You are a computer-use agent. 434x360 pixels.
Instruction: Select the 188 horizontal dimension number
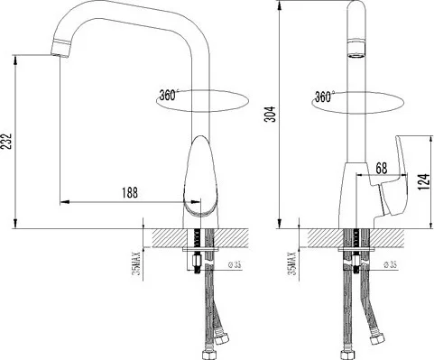pos(130,192)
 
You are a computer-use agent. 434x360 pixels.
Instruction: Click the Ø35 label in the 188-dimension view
pos(236,265)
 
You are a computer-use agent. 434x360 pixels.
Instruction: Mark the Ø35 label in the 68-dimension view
pos(390,265)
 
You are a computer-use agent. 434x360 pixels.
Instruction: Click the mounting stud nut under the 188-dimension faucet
pos(194,268)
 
